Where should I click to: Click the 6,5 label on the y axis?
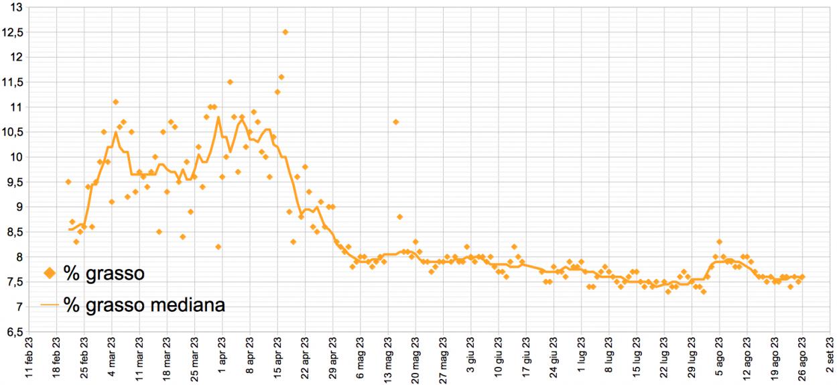14,332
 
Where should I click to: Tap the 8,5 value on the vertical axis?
14,232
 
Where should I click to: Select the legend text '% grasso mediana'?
144,305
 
